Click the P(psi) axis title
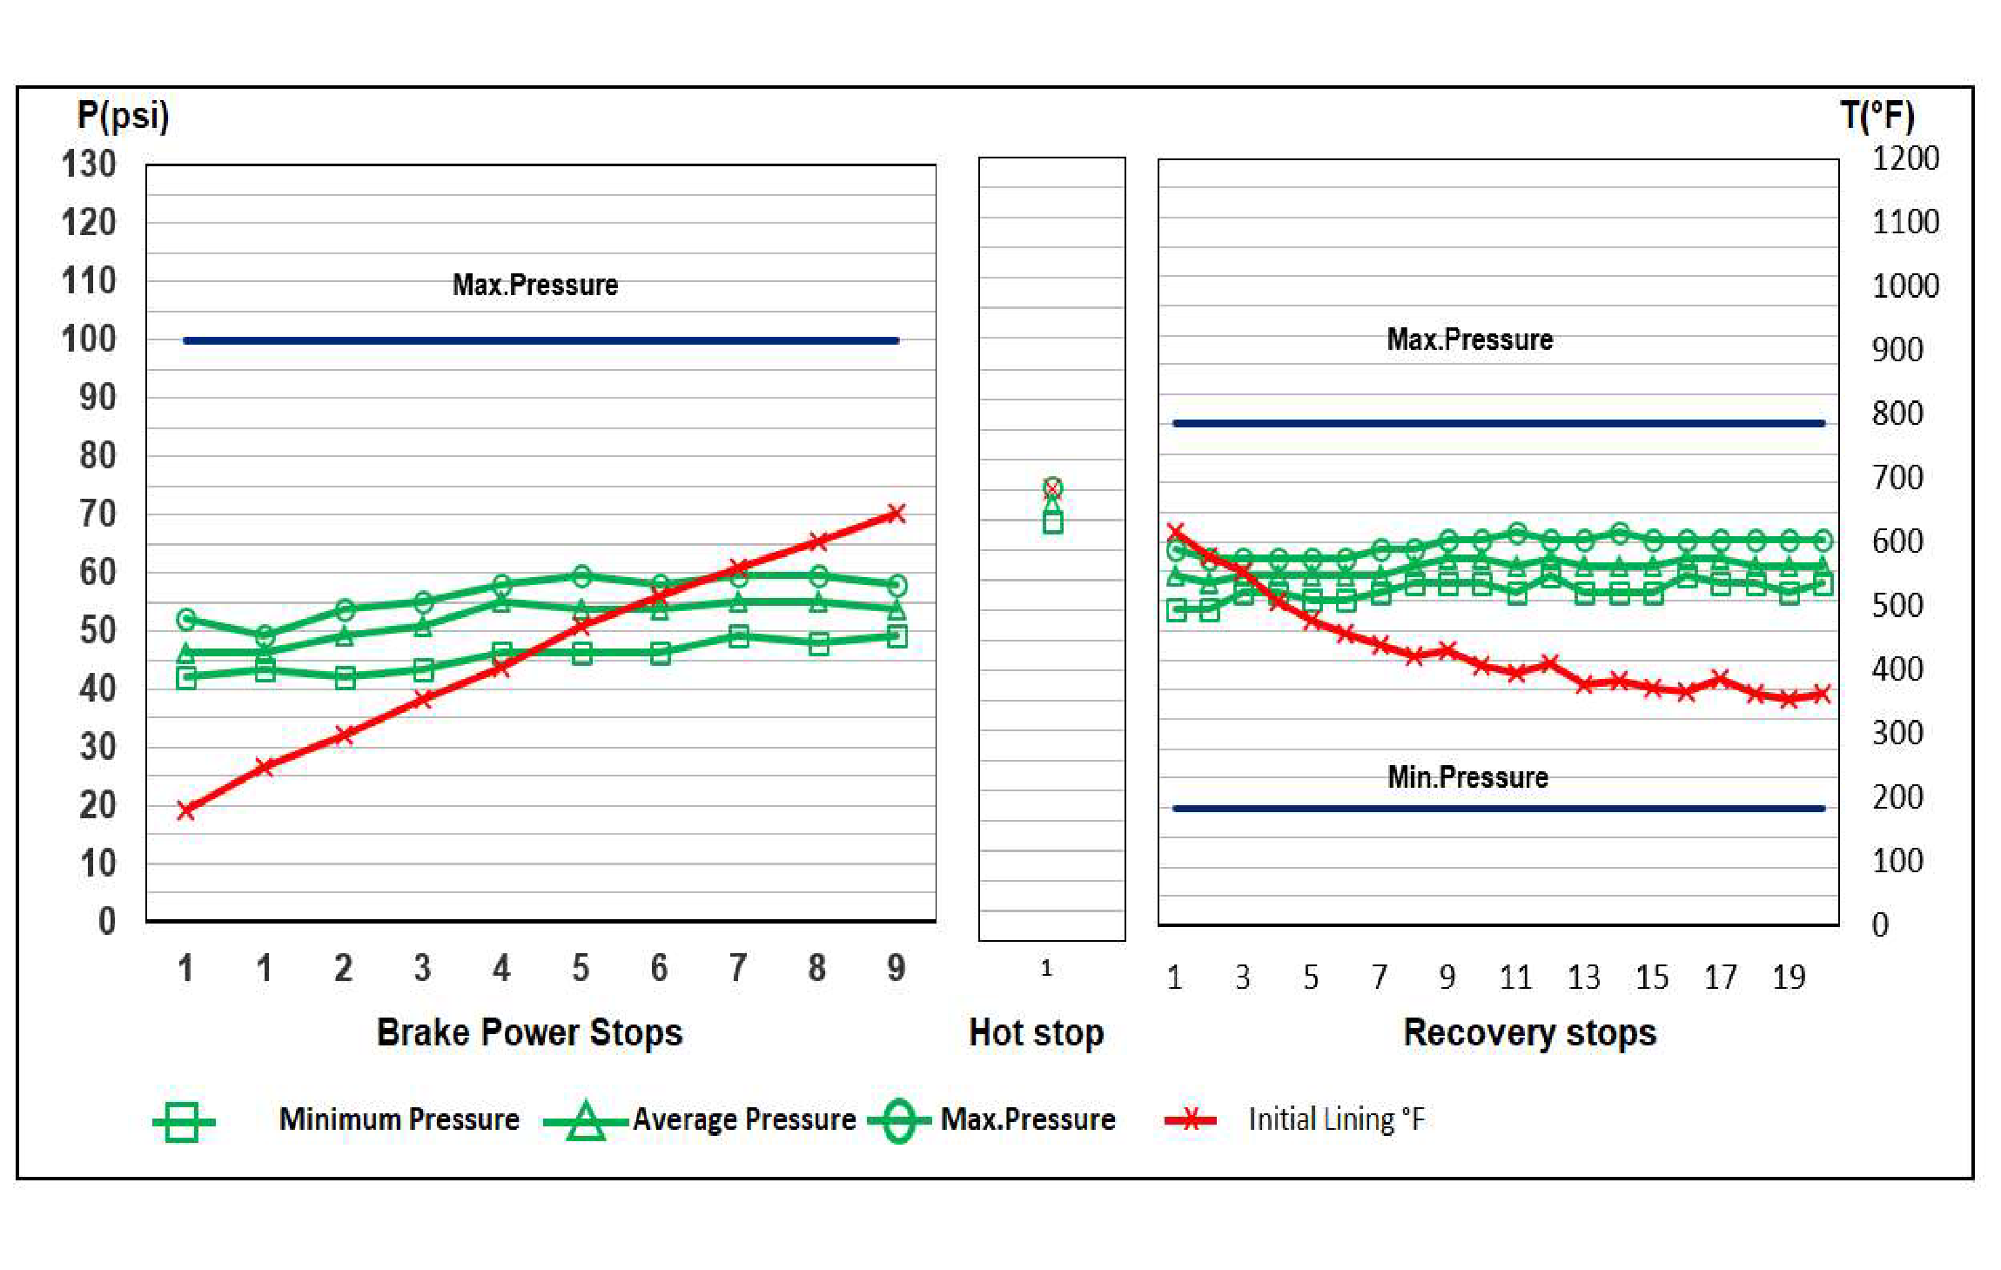pyautogui.click(x=123, y=115)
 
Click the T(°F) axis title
pyautogui.click(x=1877, y=115)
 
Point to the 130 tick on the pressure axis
pyautogui.click(x=89, y=164)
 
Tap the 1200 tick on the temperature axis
pyautogui.click(x=1904, y=158)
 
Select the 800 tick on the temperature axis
pyautogui.click(x=1897, y=413)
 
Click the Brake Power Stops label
pyautogui.click(x=529, y=1032)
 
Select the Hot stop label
pyautogui.click(x=1036, y=1032)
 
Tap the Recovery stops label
pyautogui.click(x=1529, y=1032)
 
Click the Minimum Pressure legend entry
pyautogui.click(x=399, y=1119)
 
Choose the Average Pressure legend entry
pyautogui.click(x=743, y=1119)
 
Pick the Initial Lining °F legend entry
pyautogui.click(x=1336, y=1119)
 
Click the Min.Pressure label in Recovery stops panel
pyautogui.click(x=1467, y=776)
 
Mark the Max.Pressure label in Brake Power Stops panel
pyautogui.click(x=534, y=285)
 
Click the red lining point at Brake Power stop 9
pyautogui.click(x=896, y=514)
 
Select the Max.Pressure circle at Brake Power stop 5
pyautogui.click(x=581, y=575)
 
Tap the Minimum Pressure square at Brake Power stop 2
pyautogui.click(x=345, y=677)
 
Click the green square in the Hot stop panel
pyautogui.click(x=1052, y=522)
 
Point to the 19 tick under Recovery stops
pyautogui.click(x=1789, y=978)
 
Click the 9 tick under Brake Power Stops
pyautogui.click(x=896, y=968)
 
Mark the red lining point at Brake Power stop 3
pyautogui.click(x=423, y=699)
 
